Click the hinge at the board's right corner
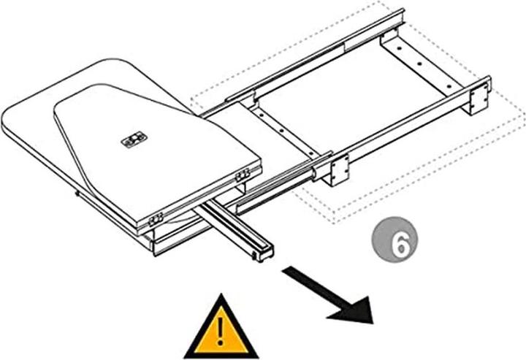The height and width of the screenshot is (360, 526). [242, 174]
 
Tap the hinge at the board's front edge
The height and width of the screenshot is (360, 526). [155, 220]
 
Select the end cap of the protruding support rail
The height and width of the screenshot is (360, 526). [260, 256]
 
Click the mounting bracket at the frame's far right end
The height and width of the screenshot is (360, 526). [480, 96]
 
